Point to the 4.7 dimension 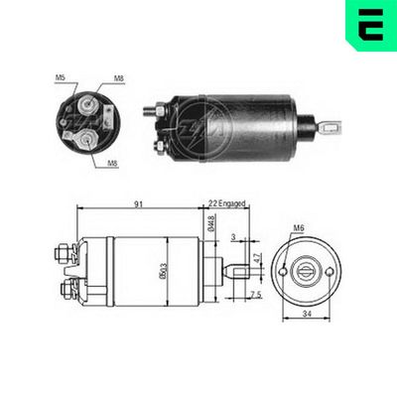coord(257,260)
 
